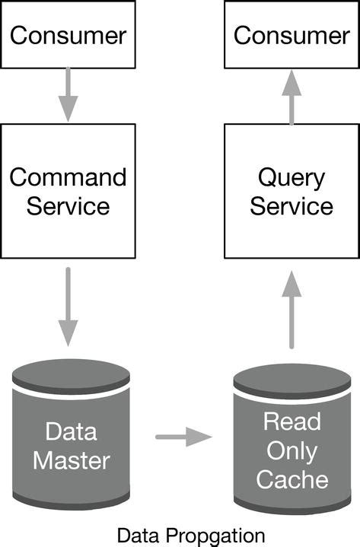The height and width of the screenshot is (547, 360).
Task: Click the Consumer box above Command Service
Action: click(x=68, y=35)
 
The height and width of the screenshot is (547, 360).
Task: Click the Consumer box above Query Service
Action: click(x=292, y=35)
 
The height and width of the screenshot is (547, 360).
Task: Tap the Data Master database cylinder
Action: click(x=72, y=441)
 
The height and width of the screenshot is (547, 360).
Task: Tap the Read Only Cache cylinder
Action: click(x=292, y=445)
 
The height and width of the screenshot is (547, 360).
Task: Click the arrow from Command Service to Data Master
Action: click(x=68, y=306)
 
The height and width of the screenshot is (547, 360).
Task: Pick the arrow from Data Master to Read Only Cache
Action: click(x=183, y=437)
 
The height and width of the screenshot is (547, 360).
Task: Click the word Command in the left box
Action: click(x=68, y=177)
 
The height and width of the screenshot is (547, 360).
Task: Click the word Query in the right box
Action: click(x=292, y=178)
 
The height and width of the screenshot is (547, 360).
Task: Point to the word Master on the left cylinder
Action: click(x=72, y=460)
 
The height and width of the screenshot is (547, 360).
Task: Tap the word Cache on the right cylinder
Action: click(x=292, y=479)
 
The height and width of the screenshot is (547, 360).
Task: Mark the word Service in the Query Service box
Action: click(x=292, y=206)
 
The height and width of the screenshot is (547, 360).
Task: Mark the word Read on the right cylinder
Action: click(x=292, y=421)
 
